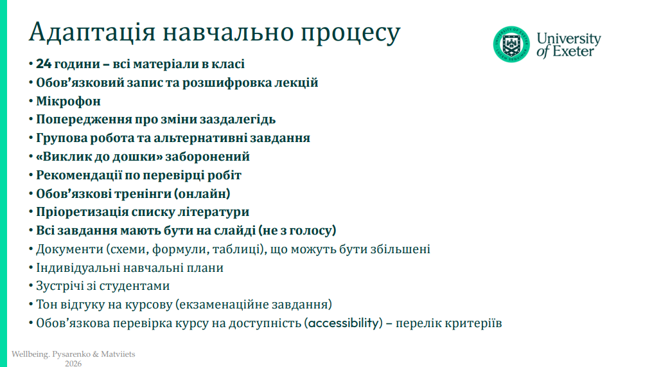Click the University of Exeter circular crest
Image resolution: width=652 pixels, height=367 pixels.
[x=511, y=44]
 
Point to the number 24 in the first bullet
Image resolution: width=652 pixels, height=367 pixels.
[x=43, y=64]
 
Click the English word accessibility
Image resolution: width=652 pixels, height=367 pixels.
[x=344, y=323]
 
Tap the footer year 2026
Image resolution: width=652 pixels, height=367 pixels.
[x=73, y=363]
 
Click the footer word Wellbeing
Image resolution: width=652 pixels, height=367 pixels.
[x=30, y=354]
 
